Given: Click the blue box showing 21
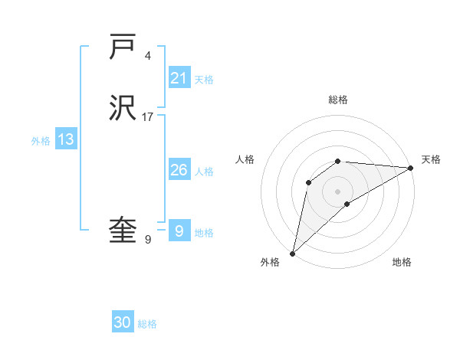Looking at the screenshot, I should (x=179, y=77).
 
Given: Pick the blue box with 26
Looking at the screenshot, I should (x=179, y=170).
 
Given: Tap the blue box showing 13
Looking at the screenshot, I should (x=66, y=139).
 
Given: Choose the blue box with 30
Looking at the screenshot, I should (x=123, y=322).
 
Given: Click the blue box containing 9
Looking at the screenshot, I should (x=179, y=231).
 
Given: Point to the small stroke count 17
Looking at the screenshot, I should (x=148, y=117).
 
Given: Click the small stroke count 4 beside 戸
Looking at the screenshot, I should (x=147, y=55).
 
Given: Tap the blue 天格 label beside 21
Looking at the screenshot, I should (x=204, y=79).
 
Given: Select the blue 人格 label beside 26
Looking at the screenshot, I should (x=204, y=172).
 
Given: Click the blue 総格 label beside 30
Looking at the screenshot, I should (x=147, y=324).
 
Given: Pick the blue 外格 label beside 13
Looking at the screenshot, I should (x=41, y=141).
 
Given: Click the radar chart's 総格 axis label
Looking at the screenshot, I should (x=338, y=100).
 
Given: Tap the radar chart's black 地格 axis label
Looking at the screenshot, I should (x=402, y=262).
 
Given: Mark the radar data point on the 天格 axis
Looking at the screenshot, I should (x=411, y=168).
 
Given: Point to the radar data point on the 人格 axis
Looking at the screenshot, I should (x=309, y=182).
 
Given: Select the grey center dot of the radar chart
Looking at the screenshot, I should (x=338, y=191).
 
